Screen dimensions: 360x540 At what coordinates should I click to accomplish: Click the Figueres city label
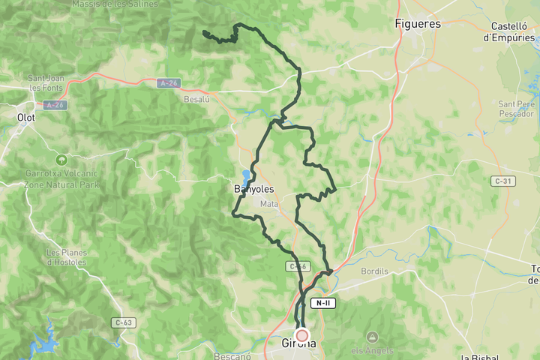click(x=418, y=23)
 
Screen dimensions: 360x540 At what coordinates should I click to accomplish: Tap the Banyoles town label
click(x=253, y=189)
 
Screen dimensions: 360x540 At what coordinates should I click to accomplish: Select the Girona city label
click(x=298, y=344)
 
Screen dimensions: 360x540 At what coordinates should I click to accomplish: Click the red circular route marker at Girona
click(x=302, y=335)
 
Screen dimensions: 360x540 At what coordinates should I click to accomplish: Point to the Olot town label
click(x=26, y=117)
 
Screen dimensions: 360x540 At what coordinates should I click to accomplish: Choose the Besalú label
click(x=196, y=97)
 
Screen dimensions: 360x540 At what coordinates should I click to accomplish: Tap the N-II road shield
click(x=322, y=303)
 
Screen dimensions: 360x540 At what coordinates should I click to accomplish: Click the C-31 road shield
click(x=503, y=181)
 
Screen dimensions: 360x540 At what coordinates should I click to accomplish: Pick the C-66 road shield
click(x=298, y=266)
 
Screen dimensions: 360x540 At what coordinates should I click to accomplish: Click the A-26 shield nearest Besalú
click(x=168, y=83)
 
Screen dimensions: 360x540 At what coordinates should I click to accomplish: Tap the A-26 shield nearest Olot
click(x=53, y=105)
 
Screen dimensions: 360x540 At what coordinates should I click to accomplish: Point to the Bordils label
click(x=374, y=271)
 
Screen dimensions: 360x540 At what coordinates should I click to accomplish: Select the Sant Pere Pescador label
click(x=516, y=109)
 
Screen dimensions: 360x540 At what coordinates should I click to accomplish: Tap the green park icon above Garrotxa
click(x=61, y=160)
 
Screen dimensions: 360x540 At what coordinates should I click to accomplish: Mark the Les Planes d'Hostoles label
click(x=66, y=256)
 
